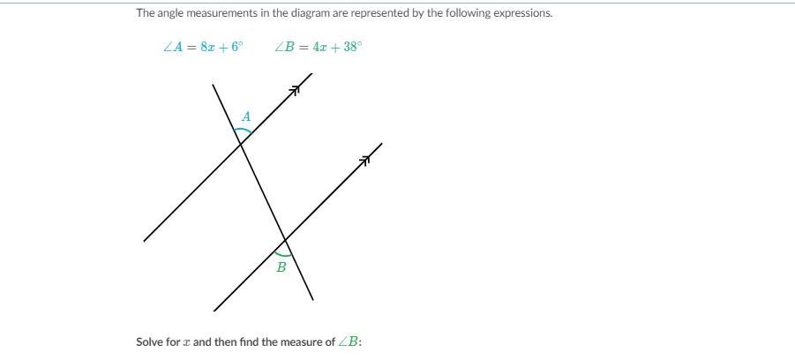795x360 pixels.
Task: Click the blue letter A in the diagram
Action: click(246, 116)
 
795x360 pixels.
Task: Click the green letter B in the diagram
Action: click(281, 267)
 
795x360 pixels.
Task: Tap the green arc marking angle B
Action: click(282, 253)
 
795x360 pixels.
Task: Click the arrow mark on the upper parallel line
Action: click(296, 88)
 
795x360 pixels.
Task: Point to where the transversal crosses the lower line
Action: click(285, 239)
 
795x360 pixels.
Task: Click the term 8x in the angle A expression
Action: click(206, 48)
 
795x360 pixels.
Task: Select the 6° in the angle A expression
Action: click(236, 48)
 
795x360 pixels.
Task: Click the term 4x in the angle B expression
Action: click(316, 48)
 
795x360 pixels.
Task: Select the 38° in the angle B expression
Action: click(350, 48)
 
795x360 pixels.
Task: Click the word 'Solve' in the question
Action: click(149, 341)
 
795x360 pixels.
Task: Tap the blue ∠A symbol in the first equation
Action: click(171, 48)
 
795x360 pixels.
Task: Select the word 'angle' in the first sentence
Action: click(170, 13)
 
